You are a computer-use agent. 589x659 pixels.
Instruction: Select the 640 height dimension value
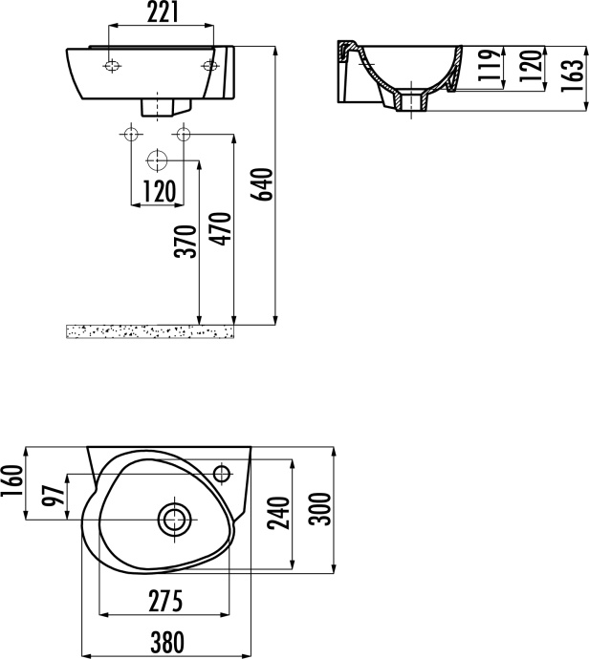[263, 184]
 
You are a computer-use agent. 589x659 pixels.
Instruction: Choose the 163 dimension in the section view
[572, 73]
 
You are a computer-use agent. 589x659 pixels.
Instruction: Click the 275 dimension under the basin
[164, 602]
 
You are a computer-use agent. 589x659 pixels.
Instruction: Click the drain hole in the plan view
[173, 520]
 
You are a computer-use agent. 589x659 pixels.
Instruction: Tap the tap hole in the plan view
[223, 473]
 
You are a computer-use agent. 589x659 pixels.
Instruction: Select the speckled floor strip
[150, 330]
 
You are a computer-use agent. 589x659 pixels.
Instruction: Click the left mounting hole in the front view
[112, 66]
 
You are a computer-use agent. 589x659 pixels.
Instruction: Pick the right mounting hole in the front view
[210, 66]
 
